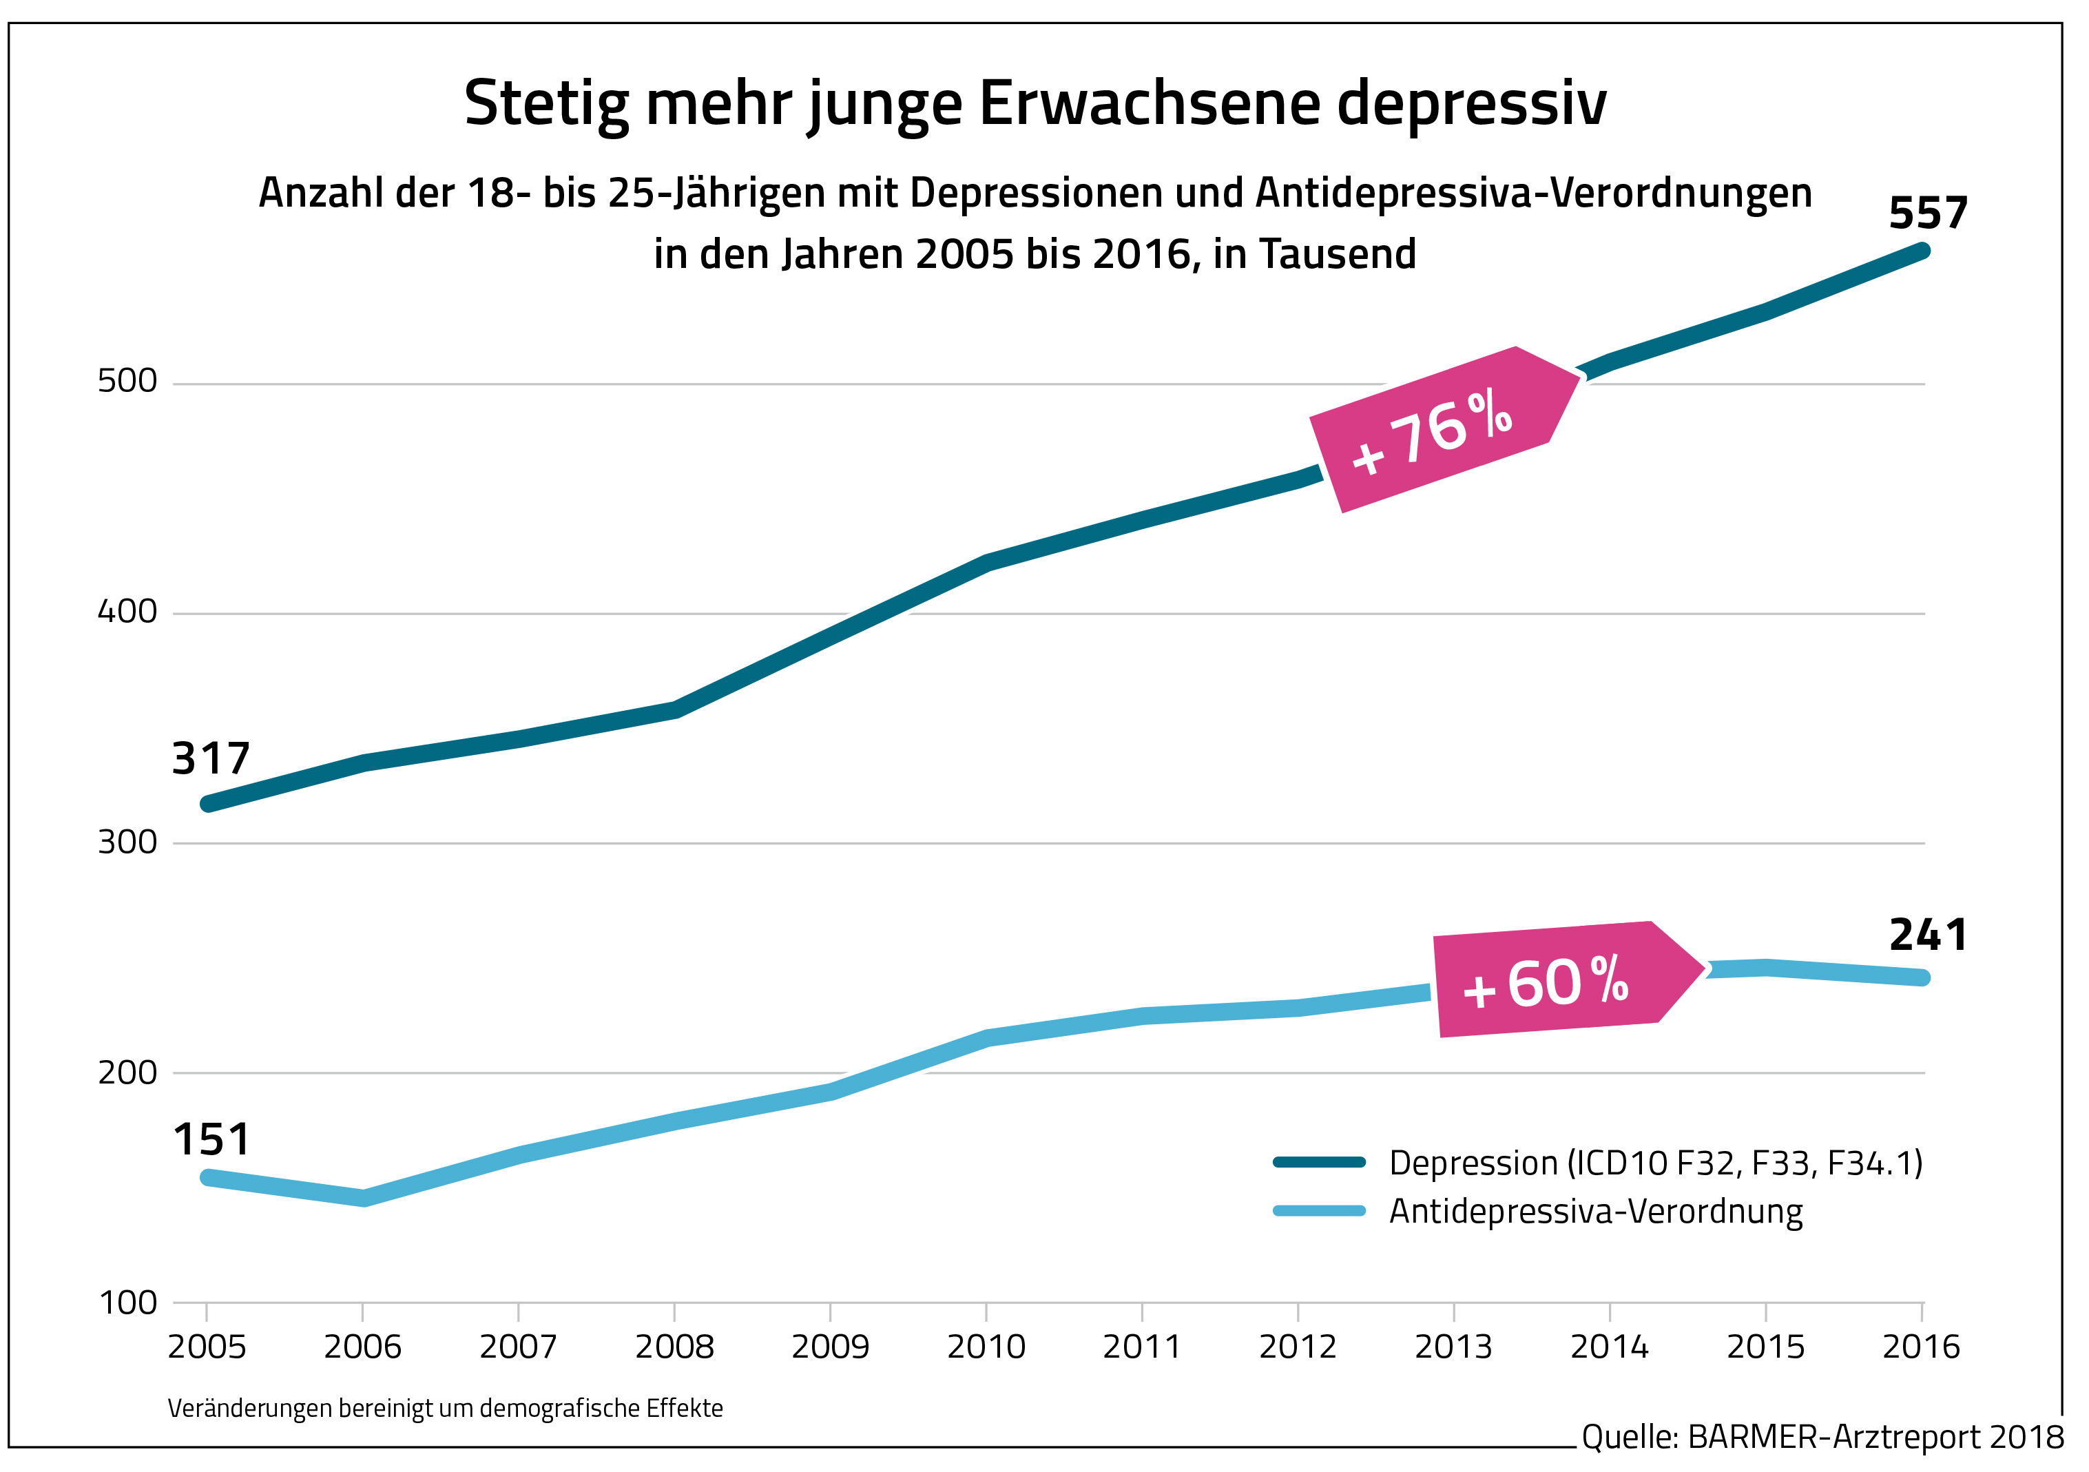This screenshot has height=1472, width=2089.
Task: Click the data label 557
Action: [1927, 214]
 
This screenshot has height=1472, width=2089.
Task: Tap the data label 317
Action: [210, 759]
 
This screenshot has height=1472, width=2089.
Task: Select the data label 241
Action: [1927, 935]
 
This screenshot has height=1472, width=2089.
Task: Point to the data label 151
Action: [210, 1140]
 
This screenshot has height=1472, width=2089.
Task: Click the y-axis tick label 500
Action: [127, 381]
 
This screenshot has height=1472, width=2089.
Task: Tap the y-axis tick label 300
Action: [127, 842]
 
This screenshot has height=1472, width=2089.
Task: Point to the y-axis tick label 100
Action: [127, 1303]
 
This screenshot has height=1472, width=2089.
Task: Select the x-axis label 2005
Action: [207, 1347]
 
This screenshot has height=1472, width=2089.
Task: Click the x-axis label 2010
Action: [986, 1347]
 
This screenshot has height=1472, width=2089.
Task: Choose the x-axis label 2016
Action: [1921, 1347]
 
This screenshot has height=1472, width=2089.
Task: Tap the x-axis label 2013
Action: [1453, 1347]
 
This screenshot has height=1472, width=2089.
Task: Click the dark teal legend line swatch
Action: [1319, 1162]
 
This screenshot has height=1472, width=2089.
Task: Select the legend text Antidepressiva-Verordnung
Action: [1596, 1212]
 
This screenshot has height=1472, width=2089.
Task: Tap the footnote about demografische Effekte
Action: [445, 1409]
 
